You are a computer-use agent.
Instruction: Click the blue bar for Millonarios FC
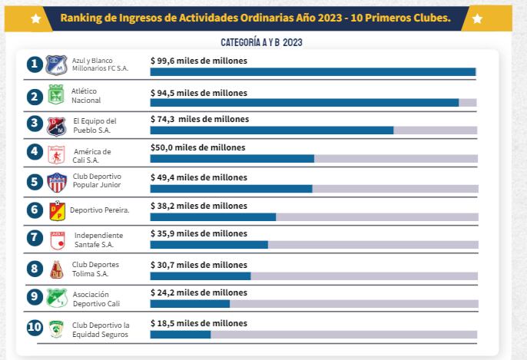313,72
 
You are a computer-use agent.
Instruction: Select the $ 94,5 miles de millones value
199,93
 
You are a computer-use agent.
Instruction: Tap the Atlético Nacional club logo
56,96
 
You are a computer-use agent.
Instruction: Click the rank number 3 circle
34,124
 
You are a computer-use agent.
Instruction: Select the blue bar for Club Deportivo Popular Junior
231,189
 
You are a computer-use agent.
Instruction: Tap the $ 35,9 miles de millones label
199,233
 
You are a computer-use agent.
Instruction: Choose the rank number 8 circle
34,269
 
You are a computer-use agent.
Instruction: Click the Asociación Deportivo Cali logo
54,298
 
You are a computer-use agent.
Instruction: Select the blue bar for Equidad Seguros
181,335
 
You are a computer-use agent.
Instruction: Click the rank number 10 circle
34,328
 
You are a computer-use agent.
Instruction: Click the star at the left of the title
35,17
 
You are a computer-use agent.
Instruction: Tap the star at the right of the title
477,17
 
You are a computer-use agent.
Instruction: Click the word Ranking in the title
81,17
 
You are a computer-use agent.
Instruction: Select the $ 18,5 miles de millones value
199,323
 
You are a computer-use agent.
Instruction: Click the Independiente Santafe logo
56,239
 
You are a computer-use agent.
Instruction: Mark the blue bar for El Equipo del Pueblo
272,130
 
